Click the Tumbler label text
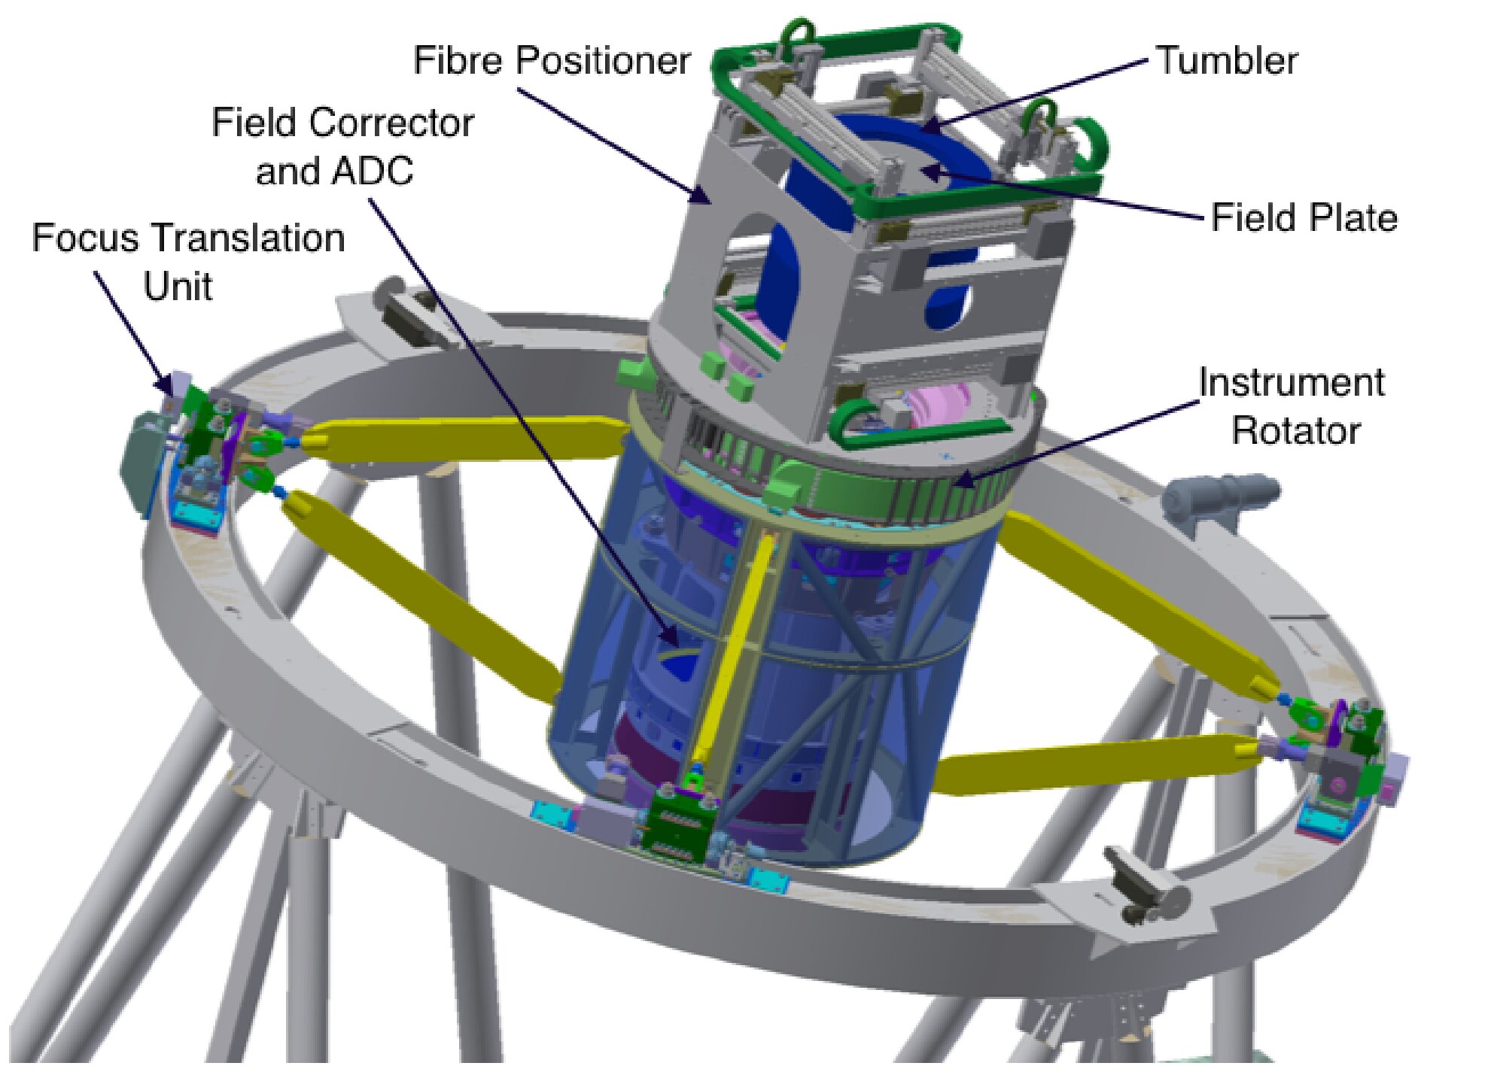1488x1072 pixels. (1227, 60)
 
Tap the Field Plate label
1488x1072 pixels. (1304, 218)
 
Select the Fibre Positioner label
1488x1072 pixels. (552, 60)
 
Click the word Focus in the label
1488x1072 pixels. (86, 238)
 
